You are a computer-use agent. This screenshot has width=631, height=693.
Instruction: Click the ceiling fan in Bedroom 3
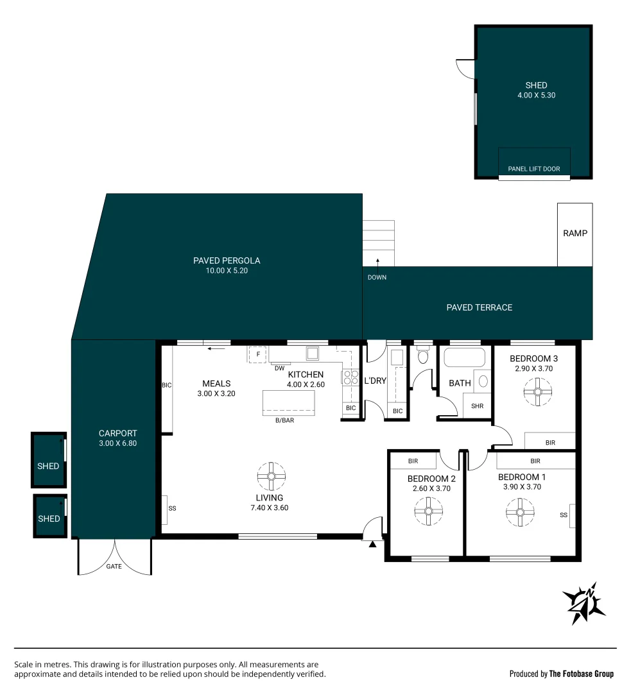click(534, 391)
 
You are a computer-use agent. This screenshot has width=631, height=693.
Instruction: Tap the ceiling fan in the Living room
click(270, 476)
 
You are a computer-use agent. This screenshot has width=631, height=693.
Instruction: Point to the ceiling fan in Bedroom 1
click(520, 512)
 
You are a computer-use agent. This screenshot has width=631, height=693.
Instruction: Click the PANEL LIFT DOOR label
click(533, 169)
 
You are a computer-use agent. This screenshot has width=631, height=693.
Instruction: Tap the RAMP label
click(575, 234)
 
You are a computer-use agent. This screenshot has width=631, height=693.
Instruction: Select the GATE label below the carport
click(114, 567)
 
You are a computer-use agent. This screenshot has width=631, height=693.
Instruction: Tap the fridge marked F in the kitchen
click(258, 354)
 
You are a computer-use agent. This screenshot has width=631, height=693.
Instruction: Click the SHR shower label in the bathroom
click(477, 406)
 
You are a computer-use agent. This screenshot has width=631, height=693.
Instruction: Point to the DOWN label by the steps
click(377, 277)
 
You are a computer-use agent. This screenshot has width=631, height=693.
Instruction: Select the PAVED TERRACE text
click(479, 307)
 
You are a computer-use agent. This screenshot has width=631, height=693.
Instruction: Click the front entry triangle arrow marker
click(372, 545)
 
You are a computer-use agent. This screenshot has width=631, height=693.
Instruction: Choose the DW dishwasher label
click(279, 368)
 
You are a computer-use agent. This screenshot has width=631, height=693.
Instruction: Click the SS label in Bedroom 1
click(564, 515)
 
